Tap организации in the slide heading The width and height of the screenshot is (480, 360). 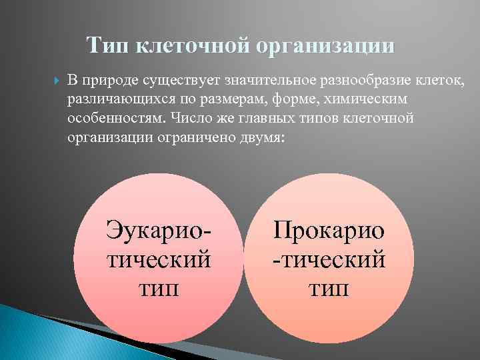tap(319, 47)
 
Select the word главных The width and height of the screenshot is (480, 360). tap(263, 118)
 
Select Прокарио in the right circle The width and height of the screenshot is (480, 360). tap(329, 231)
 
